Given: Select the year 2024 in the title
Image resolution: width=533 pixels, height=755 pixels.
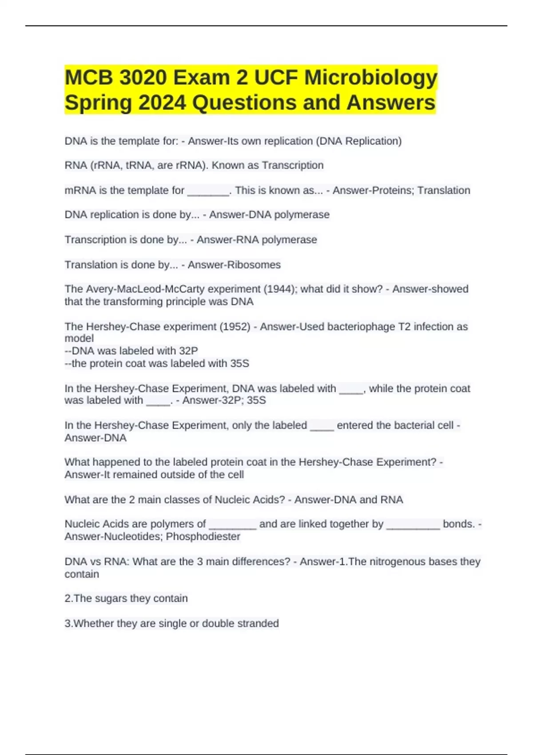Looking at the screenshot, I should (x=162, y=103).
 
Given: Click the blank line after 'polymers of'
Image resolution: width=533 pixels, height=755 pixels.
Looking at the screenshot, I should (x=232, y=525).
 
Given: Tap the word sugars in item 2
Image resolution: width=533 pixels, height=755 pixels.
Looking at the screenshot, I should (x=120, y=599).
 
